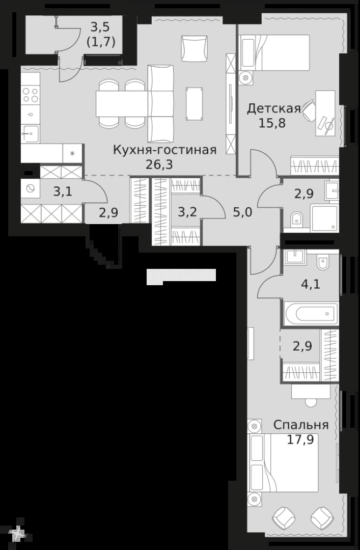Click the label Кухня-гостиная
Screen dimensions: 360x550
(164, 150)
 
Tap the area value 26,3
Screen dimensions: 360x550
(159, 164)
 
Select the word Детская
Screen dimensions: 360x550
(274, 109)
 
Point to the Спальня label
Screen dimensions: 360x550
(301, 425)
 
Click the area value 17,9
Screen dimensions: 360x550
(301, 439)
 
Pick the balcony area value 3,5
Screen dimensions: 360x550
(101, 27)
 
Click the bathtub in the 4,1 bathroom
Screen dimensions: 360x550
(311, 313)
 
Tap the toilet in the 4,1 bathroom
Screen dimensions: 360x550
(322, 261)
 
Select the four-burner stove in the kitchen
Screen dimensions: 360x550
(30, 95)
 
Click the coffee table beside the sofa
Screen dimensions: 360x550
(195, 103)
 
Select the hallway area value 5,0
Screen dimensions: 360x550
(243, 212)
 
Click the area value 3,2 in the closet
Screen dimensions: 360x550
(187, 212)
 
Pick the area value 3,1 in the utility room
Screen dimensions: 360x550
(63, 191)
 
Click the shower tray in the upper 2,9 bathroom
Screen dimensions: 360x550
(324, 218)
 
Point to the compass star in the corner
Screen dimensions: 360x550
(16, 534)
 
